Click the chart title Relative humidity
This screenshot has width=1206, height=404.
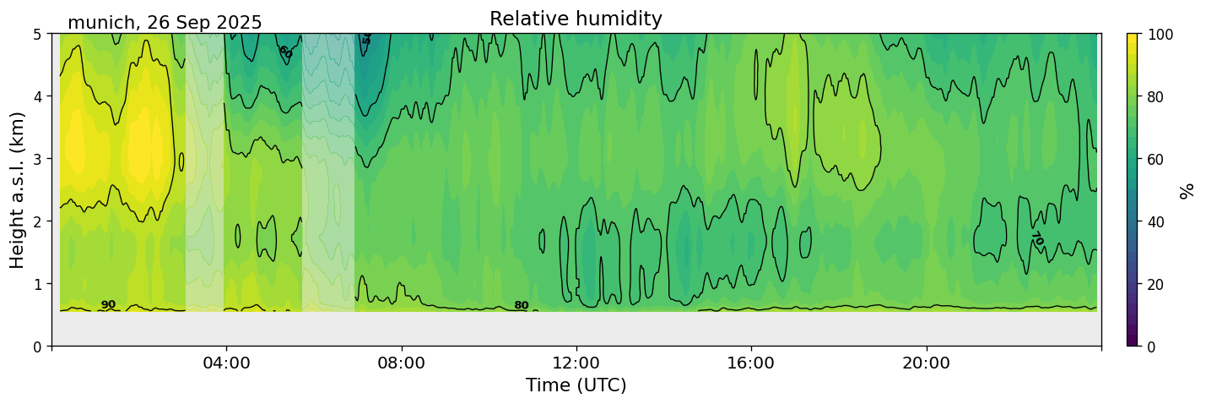576,19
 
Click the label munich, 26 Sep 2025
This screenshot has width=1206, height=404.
165,23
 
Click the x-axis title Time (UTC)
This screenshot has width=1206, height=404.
576,385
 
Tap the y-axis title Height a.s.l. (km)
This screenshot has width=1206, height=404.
18,189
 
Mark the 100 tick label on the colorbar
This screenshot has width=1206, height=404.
1160,34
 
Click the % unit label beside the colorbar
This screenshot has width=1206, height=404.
1187,190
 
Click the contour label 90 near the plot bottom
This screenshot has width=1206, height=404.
108,305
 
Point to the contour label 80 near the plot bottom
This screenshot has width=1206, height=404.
522,306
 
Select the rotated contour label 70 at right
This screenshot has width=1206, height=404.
1037,239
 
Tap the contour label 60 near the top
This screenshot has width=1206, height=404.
285,52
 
